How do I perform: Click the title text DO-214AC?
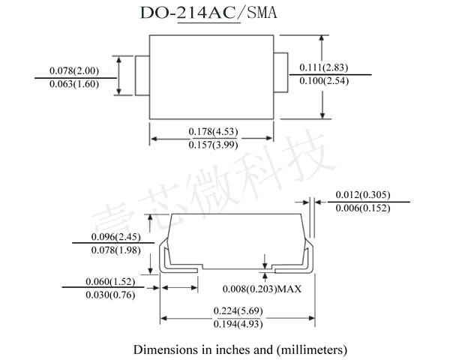(189, 13)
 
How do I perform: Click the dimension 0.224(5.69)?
(238, 310)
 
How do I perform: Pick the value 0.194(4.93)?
(238, 324)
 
